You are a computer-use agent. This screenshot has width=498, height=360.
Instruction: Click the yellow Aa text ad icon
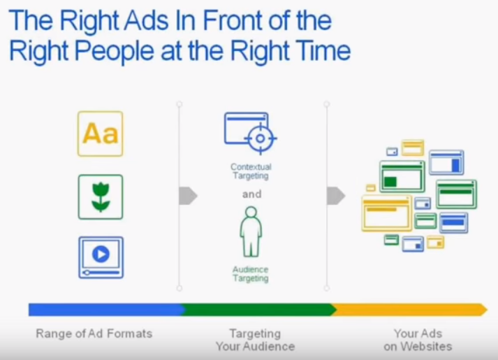point(101,134)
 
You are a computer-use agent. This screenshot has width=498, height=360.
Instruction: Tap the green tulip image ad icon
point(101,197)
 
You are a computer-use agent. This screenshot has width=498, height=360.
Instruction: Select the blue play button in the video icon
point(101,254)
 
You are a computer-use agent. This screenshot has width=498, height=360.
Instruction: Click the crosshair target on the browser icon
point(260,138)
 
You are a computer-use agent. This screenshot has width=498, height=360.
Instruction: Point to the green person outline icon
point(251,231)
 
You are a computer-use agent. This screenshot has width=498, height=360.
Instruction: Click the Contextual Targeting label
point(251,171)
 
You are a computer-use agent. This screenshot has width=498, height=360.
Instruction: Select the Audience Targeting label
point(251,274)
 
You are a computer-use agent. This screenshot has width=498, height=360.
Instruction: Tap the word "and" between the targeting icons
point(252,194)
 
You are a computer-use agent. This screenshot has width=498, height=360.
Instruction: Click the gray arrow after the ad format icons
point(188,196)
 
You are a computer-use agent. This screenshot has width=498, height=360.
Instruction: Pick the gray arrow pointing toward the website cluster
point(336,196)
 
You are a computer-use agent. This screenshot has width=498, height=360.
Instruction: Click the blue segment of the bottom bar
point(105,310)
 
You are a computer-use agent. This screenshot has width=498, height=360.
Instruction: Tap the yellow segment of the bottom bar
point(409,310)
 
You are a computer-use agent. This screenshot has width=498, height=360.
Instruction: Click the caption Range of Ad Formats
point(94,333)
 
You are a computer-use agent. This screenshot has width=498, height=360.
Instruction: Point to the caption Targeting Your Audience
point(256,340)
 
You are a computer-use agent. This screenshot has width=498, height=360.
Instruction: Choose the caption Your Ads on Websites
point(418,340)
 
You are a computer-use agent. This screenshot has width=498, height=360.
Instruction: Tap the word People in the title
point(115,52)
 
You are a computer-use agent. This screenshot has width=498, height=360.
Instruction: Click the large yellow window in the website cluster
point(387,213)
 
